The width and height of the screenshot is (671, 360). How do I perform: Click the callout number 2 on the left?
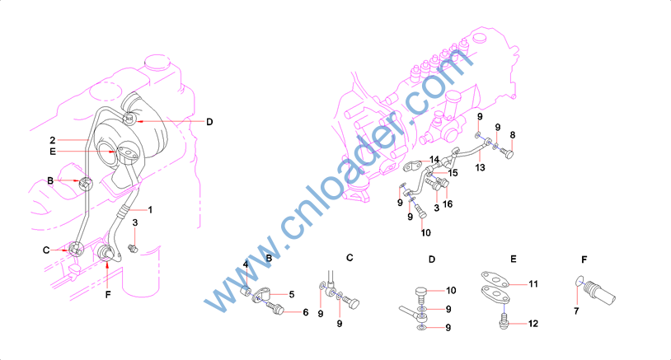53,140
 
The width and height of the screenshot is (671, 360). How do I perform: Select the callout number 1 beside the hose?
150,209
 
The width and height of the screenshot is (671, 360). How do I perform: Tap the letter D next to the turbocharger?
209,122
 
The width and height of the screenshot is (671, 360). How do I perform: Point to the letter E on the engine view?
53,152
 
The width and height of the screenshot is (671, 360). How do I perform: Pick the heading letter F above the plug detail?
584,259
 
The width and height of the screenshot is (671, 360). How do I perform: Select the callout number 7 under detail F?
576,311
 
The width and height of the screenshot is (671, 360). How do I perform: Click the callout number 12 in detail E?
533,324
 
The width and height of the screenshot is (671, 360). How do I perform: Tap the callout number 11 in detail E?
533,284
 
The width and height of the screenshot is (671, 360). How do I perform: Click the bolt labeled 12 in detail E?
504,320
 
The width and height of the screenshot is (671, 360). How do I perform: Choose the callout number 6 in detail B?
306,312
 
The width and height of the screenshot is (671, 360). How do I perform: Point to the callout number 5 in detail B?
292,294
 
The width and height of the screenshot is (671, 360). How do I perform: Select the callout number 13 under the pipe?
480,167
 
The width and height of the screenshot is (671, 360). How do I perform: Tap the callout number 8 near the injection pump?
513,135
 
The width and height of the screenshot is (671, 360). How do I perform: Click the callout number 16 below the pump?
448,204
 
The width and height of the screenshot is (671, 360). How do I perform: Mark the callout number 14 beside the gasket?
434,160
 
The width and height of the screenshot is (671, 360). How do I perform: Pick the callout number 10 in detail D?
452,291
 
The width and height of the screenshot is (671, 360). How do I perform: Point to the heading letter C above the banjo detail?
350,258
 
